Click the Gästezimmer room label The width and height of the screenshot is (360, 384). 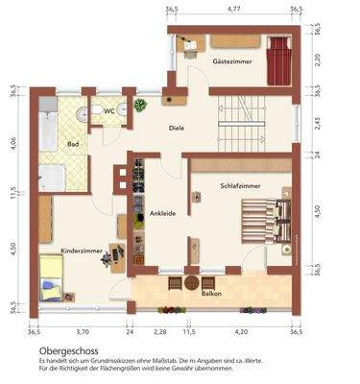pos(231,61)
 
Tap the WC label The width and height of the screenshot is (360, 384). pos(109,110)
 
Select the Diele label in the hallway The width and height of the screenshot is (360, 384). pos(177,128)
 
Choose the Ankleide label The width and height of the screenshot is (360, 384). pos(161,212)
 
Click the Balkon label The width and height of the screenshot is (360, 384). pos(199,297)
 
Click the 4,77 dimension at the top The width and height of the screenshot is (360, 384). pos(233,9)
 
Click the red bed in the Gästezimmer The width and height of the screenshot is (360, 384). pos(278,60)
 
